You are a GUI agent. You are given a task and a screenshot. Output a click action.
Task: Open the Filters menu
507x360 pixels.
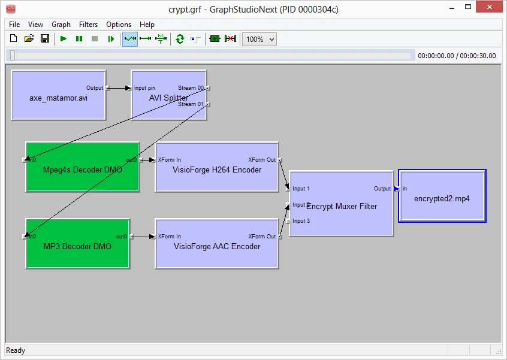[x=88, y=25]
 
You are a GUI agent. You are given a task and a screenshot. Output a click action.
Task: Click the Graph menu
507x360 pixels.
[x=61, y=25]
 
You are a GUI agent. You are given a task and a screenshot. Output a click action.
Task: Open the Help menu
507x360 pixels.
[x=147, y=25]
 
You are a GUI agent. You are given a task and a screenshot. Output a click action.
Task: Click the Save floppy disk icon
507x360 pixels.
[x=44, y=39]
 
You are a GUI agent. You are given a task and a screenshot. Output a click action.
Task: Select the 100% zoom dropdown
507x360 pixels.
[x=260, y=39]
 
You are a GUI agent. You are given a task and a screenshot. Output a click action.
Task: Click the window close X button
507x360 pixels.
[x=491, y=9]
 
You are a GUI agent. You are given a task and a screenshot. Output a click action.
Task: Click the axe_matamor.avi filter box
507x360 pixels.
[x=58, y=98]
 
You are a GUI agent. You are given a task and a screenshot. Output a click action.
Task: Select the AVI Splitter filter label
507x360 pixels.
[x=169, y=98]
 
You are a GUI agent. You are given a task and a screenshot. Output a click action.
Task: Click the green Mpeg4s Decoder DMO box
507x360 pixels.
[x=82, y=170]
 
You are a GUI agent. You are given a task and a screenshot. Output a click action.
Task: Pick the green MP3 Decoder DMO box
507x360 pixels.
[x=77, y=246]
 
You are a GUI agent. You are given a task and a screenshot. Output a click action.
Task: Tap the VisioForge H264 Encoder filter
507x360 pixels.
[x=216, y=170]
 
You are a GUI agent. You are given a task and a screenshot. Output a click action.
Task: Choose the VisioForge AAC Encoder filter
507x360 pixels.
[x=216, y=246]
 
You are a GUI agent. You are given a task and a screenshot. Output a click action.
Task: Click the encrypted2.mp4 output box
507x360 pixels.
[x=442, y=198]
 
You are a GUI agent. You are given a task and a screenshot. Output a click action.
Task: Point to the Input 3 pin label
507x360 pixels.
[x=301, y=221]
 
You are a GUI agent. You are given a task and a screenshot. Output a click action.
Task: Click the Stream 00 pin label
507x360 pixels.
[x=191, y=88]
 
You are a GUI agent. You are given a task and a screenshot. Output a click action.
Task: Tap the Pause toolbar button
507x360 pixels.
[x=79, y=39]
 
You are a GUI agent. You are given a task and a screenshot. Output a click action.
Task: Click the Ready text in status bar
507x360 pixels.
[x=16, y=350]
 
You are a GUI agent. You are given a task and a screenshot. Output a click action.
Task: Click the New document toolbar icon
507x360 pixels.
[x=13, y=39]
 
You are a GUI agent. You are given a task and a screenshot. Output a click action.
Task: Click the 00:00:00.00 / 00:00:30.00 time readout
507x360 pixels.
[x=457, y=56]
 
